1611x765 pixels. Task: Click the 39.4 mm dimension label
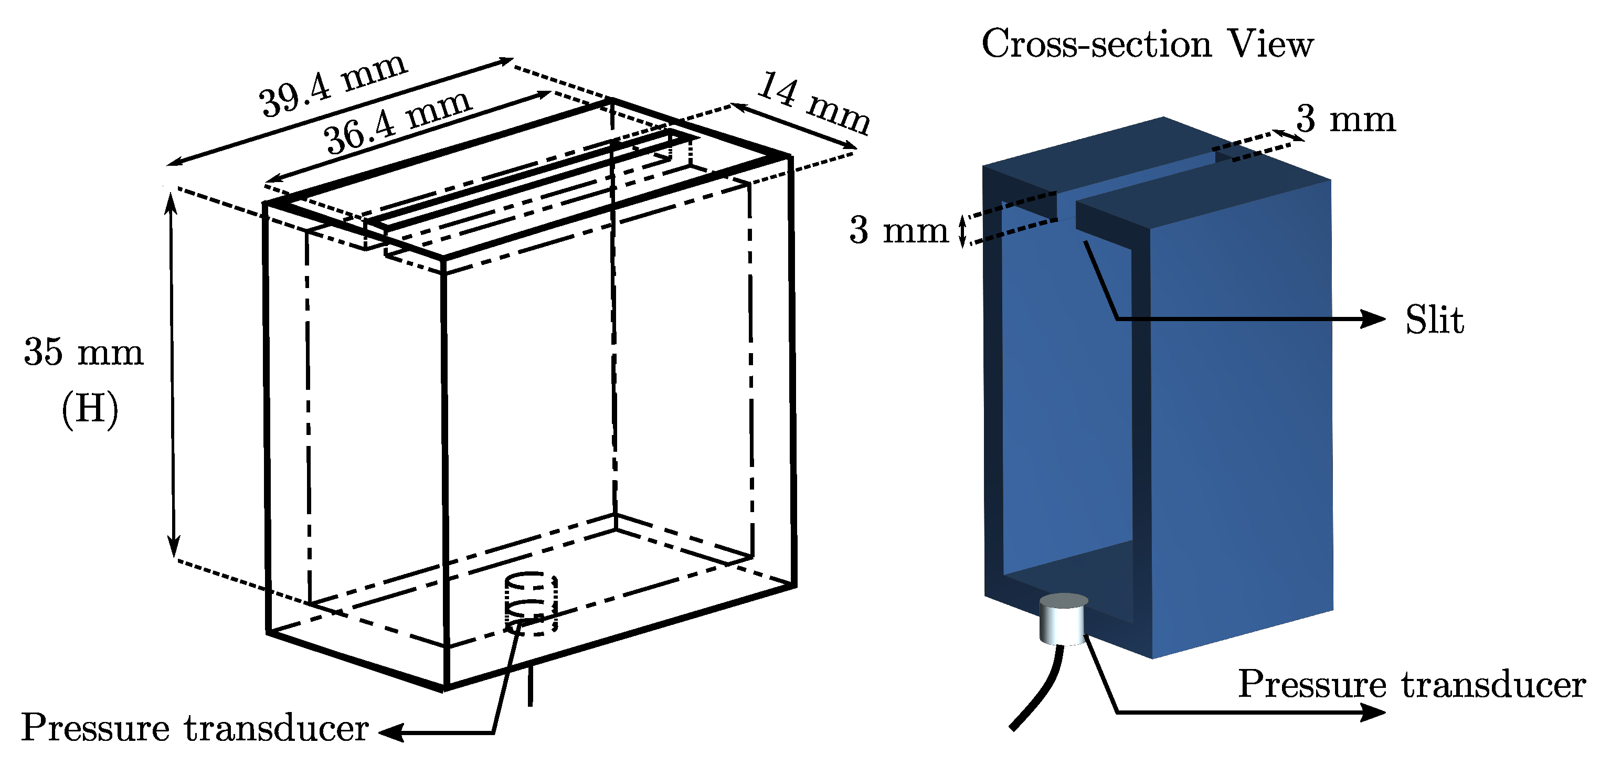[x=333, y=84]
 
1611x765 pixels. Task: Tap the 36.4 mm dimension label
[x=397, y=121]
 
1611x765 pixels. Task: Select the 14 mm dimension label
[x=813, y=103]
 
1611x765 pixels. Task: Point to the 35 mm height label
[x=84, y=352]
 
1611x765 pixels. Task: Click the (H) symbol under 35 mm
[x=89, y=410]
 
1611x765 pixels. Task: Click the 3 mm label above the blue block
[x=1345, y=119]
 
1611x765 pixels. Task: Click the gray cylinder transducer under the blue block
[x=1063, y=620]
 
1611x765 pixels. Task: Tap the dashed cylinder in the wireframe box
[x=531, y=603]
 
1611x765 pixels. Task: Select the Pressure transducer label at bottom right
[x=1412, y=684]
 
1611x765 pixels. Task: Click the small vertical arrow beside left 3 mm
[x=963, y=230]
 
